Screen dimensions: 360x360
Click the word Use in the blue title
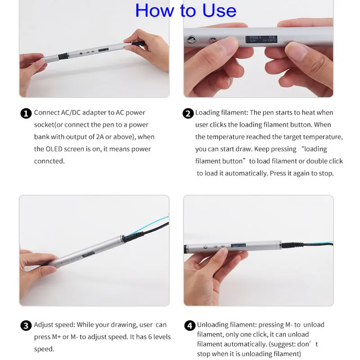coord(219,10)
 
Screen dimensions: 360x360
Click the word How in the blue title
coord(154,10)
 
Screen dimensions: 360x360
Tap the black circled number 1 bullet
coord(26,113)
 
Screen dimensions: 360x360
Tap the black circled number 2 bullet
coord(188,113)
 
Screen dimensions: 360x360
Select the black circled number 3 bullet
coord(26,325)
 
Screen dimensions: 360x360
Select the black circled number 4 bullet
coord(190,325)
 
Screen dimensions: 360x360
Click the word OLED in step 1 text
coord(54,149)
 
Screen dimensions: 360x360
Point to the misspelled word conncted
coord(49,161)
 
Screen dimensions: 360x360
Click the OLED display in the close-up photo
coord(261,39)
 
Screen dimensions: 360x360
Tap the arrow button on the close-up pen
coord(191,40)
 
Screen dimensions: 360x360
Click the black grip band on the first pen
coord(63,56)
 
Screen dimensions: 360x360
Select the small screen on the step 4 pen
coord(238,245)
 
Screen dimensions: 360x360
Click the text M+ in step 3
coord(57,337)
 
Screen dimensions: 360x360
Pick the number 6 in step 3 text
coord(150,337)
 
